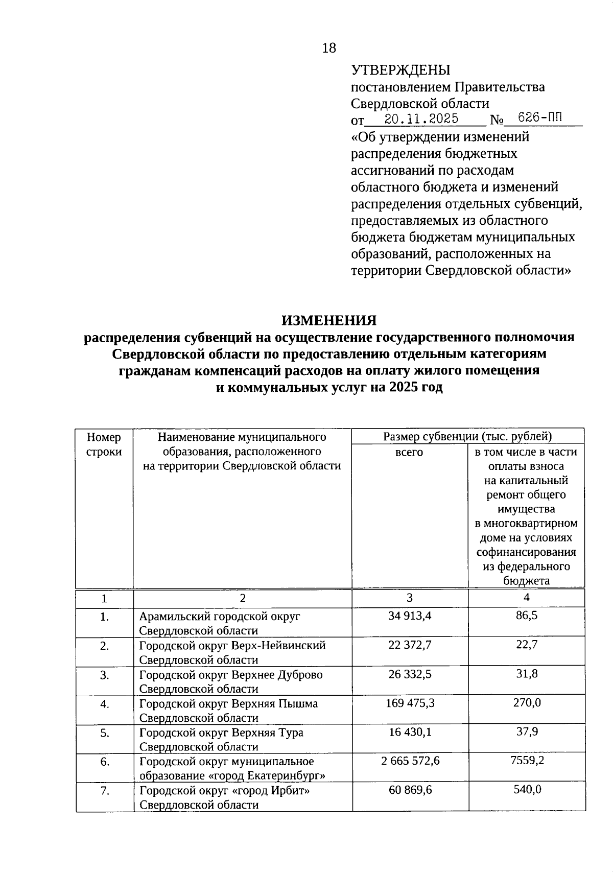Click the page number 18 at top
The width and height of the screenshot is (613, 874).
coord(329,48)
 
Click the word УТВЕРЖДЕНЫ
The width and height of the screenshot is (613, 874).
coord(400,70)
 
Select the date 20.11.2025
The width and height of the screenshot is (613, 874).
coord(421,119)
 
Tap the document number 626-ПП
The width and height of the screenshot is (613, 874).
coord(539,118)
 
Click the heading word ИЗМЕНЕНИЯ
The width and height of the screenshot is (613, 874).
coord(329,320)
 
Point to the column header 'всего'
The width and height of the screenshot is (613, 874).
coord(409,452)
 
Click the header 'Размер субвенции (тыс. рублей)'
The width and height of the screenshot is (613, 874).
coord(467,436)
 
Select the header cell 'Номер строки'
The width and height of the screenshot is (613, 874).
coord(104,444)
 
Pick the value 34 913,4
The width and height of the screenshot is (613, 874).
coord(410,616)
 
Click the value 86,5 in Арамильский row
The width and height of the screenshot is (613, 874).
coord(527,616)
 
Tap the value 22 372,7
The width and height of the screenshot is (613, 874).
coord(410,645)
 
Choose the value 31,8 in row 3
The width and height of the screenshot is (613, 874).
coord(527,674)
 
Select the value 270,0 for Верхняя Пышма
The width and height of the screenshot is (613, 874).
coord(527,703)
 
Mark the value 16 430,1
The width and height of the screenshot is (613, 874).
coord(410,732)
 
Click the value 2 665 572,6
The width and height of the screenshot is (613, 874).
coord(410,761)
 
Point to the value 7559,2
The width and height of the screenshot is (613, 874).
coord(527,761)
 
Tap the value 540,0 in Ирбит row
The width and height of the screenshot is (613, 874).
coord(527,790)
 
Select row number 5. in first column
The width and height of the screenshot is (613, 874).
coord(105,733)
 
